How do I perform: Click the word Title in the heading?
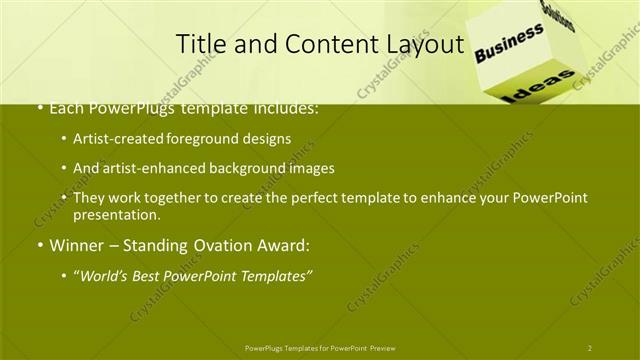[x=200, y=44]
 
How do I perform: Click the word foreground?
[x=208, y=138]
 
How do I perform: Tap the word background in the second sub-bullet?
[x=261, y=168]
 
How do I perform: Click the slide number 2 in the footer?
[x=589, y=347]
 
